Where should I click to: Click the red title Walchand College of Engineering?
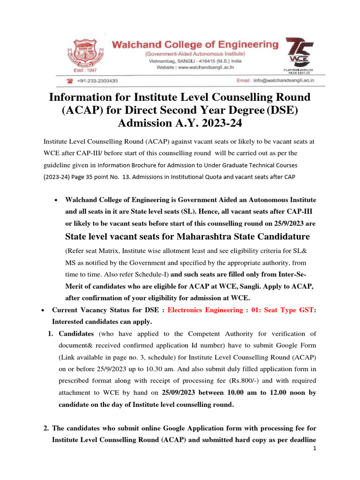195,45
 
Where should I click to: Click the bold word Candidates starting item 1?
76,334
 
